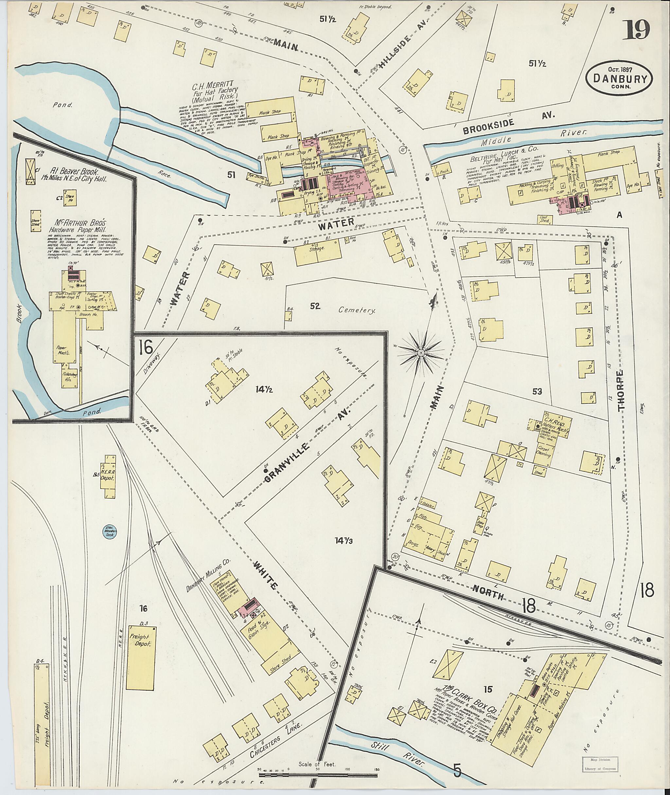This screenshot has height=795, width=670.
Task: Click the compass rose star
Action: [421, 353]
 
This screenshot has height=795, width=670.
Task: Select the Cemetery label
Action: [357, 311]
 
